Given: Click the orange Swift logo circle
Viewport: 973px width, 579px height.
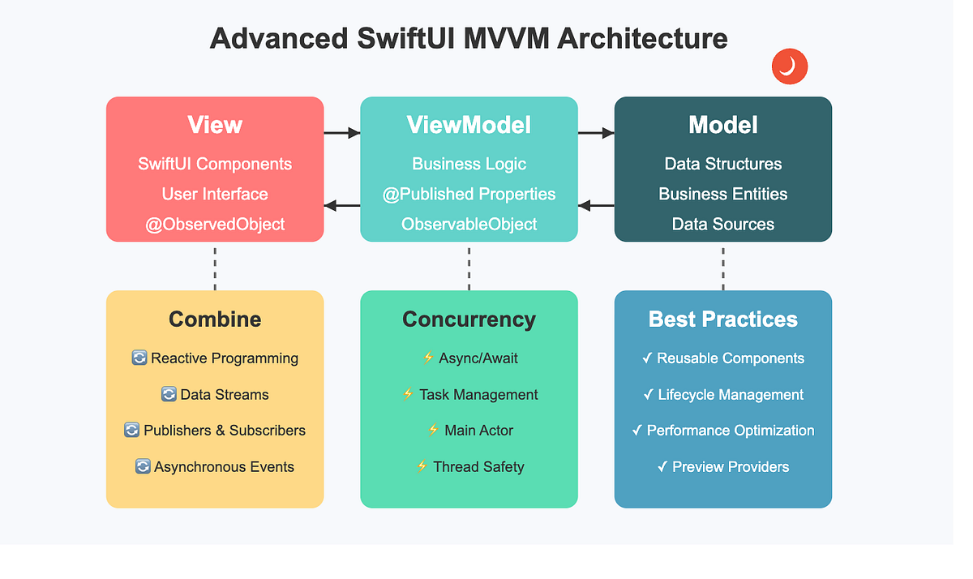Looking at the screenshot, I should [x=789, y=66].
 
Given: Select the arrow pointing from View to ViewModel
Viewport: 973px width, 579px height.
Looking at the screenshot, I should [x=341, y=132].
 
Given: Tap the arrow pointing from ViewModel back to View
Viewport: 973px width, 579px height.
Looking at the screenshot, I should [x=341, y=206].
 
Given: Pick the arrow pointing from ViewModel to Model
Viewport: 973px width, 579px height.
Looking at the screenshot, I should [x=596, y=132].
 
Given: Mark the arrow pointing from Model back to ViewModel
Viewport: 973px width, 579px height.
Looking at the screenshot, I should [x=596, y=206].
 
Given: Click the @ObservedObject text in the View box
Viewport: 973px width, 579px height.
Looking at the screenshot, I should [x=215, y=225].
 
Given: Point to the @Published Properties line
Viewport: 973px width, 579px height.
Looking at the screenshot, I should [x=469, y=195].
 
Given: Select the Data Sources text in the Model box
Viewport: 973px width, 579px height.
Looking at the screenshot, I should [x=722, y=225].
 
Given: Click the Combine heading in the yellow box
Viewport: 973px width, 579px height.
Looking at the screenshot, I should [x=215, y=320].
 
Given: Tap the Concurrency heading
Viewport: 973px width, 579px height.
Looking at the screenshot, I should [x=469, y=320].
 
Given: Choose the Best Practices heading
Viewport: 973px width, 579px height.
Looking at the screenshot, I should [x=722, y=320].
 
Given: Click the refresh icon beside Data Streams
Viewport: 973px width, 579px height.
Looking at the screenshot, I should [x=169, y=395].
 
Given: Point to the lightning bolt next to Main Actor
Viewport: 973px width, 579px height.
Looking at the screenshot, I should [x=433, y=431].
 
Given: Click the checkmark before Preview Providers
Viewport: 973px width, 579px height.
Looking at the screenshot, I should [x=662, y=467].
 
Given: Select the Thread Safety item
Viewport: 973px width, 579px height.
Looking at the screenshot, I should [x=478, y=467].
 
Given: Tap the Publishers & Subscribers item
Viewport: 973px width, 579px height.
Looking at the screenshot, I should [x=225, y=431].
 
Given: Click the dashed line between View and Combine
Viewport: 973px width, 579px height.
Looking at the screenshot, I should [x=215, y=267].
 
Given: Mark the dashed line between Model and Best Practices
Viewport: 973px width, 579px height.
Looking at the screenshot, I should [x=722, y=267].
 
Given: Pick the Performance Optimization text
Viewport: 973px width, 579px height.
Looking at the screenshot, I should [x=731, y=431].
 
